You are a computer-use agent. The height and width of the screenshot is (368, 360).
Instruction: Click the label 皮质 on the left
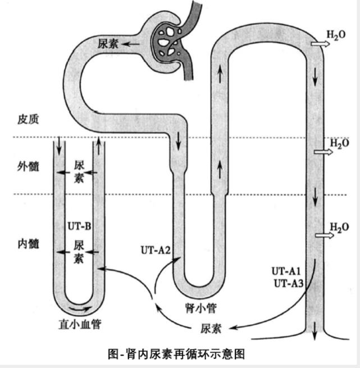coord(28,120)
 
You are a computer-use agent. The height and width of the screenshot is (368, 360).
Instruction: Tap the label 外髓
coord(28,166)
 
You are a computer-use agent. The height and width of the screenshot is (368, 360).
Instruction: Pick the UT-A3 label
coord(288,283)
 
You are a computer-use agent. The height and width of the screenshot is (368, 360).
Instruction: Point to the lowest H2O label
coord(339,228)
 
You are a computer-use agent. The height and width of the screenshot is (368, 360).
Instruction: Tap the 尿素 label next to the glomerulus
coord(108,44)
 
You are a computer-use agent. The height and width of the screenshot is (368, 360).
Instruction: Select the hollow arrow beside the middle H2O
coord(321,152)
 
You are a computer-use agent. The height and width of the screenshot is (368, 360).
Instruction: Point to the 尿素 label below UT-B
coord(79,252)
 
